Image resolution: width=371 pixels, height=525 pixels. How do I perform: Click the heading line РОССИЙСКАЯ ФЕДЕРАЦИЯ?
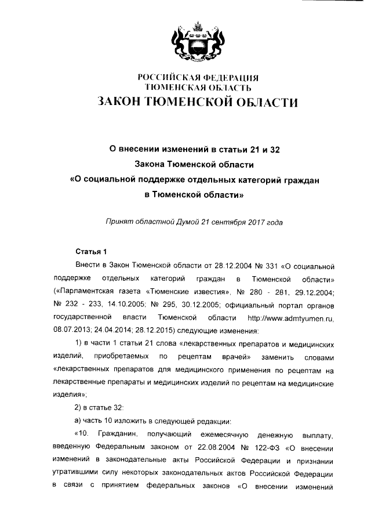pos(197,78)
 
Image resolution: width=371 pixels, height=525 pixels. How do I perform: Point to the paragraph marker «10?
pos(83,433)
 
